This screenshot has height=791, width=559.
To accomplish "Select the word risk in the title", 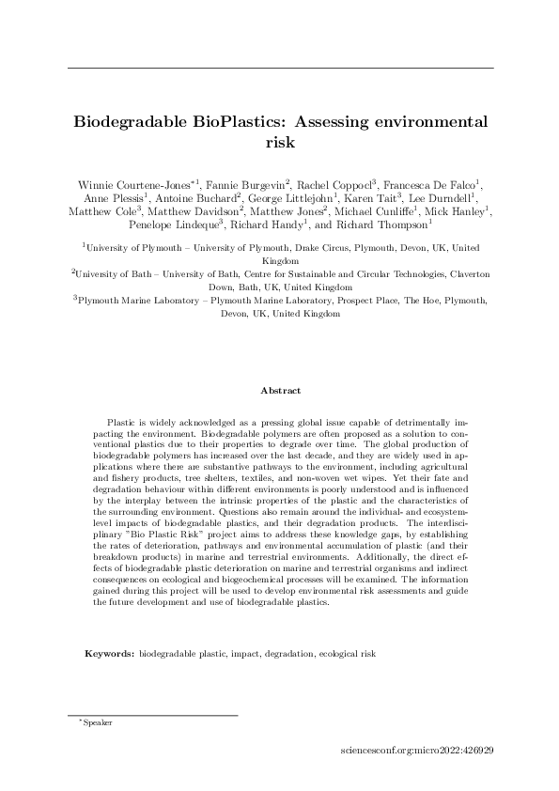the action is point(281,143).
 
